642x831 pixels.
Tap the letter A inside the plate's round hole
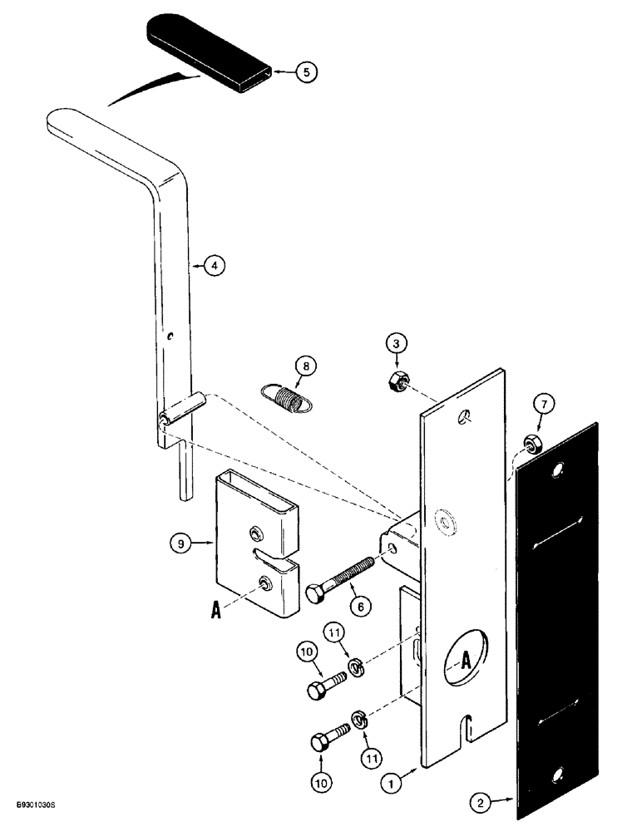(x=466, y=660)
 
